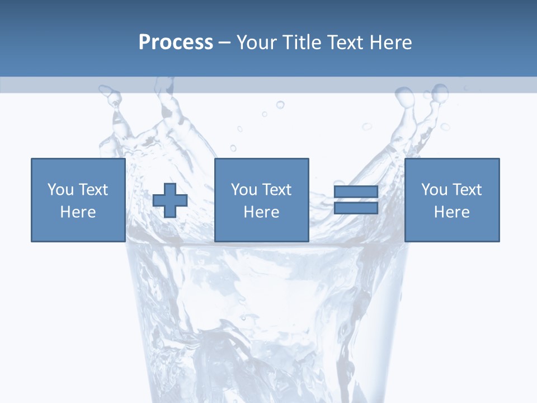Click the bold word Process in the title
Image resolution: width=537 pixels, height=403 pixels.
coord(176,43)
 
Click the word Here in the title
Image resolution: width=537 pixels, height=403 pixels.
coord(391,43)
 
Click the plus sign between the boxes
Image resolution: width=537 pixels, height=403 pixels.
coord(170,200)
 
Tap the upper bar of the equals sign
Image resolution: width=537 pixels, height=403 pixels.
coord(356,192)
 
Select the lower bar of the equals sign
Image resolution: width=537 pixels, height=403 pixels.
coord(356,208)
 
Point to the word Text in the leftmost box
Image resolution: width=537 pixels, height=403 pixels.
coord(92,190)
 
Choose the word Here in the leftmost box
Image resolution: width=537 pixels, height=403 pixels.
coord(78,212)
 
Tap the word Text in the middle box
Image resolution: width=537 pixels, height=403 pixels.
coord(276,190)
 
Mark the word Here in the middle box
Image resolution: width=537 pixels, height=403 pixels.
coord(261,212)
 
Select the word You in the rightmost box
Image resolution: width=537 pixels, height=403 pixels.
coord(434,190)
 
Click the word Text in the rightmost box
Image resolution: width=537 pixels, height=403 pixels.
coord(466,190)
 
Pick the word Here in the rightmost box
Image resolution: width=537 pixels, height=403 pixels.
coord(451,212)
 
